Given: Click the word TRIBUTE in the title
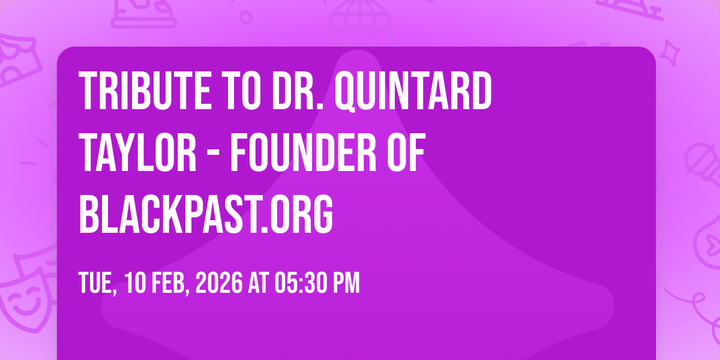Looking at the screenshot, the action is [145, 91].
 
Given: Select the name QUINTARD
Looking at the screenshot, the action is [413, 92].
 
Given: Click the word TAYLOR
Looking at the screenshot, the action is [137, 152].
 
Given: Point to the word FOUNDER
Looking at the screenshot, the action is [304, 152].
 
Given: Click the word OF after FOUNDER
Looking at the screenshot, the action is [406, 152].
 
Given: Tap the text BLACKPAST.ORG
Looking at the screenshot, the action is [206, 214].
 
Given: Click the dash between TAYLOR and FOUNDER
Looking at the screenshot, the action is [214, 155].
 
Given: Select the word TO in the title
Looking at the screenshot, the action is [242, 91].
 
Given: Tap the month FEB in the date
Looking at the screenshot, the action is [170, 283].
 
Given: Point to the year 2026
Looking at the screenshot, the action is [219, 283].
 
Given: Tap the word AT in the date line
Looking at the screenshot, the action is [259, 283].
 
